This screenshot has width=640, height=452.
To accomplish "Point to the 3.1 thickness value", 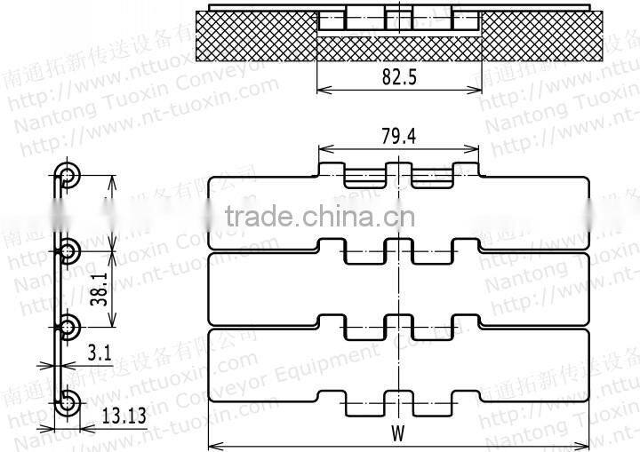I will (x=100, y=353).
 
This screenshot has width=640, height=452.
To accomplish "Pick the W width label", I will (x=397, y=435).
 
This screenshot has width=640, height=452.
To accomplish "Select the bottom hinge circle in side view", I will (x=68, y=405).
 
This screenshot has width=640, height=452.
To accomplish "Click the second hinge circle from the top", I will (x=68, y=250).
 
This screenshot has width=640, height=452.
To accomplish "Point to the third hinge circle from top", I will (x=68, y=327).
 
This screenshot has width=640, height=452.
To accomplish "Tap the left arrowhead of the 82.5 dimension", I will (x=321, y=89).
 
